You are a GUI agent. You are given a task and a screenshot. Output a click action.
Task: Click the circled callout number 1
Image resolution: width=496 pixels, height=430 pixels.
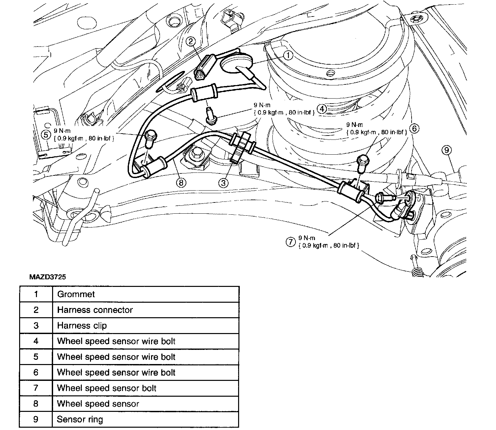click(x=288, y=55)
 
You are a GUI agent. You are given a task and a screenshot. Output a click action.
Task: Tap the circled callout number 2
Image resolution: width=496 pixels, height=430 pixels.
click(x=191, y=41)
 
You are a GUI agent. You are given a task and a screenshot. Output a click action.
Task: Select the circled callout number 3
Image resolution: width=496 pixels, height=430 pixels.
click(x=224, y=182)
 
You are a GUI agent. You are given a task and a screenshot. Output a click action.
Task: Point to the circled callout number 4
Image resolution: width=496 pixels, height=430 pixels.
click(x=322, y=109)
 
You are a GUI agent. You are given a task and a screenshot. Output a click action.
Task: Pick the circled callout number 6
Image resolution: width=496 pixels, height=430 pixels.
click(x=414, y=128)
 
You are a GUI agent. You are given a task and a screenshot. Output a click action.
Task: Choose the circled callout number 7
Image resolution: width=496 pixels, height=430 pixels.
click(x=290, y=242)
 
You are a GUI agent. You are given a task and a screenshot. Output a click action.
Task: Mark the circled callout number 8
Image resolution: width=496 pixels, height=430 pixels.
click(x=181, y=182)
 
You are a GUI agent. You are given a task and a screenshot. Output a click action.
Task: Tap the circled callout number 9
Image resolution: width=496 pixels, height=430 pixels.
click(x=446, y=150)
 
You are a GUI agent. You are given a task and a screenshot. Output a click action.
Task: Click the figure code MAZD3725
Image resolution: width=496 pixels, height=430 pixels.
click(x=47, y=277)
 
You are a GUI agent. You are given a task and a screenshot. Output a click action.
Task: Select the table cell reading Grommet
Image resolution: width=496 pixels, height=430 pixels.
click(x=145, y=294)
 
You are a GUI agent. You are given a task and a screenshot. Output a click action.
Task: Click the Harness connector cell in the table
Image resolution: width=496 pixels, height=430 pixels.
click(x=145, y=310)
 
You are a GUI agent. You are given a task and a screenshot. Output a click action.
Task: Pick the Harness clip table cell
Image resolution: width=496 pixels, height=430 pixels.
click(x=145, y=325)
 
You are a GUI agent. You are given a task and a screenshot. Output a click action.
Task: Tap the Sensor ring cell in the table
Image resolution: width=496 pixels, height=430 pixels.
click(x=145, y=419)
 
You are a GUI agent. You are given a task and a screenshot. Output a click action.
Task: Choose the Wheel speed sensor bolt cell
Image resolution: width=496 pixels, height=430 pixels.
click(x=145, y=388)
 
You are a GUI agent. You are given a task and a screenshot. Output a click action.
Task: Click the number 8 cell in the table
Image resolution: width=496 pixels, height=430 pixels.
click(x=36, y=404)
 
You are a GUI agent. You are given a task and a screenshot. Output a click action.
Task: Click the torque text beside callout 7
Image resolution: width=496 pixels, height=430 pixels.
click(x=328, y=242)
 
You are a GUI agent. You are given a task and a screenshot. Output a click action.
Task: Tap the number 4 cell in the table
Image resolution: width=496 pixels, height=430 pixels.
click(x=36, y=341)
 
